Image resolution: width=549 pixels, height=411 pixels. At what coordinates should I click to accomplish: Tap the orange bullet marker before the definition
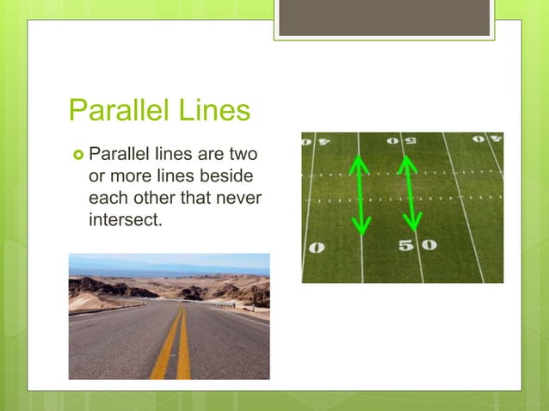77,156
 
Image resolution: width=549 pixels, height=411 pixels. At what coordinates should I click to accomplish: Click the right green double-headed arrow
410,191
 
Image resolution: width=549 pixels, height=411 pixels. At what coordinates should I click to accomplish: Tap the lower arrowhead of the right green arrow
414,222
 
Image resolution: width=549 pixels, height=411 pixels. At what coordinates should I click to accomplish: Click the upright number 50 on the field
416,245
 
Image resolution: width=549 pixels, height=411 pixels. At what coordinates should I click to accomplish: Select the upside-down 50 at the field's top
397,140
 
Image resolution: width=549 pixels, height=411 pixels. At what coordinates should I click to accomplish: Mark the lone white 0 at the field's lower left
316,248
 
